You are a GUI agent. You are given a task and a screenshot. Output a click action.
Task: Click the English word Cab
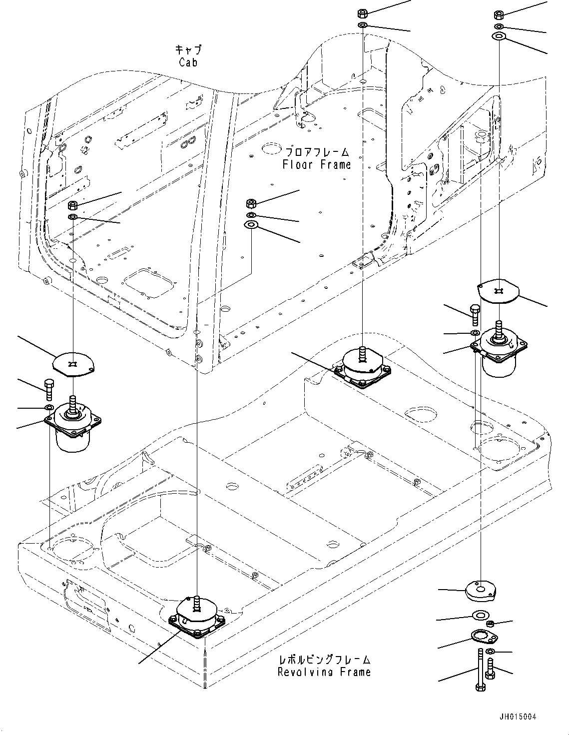pyautogui.click(x=188, y=62)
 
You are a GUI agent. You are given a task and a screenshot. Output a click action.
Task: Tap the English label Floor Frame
pyautogui.click(x=316, y=164)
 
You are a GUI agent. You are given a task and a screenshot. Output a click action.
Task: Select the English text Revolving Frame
pyautogui.click(x=324, y=672)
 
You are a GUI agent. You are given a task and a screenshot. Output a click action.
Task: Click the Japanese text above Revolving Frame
pyautogui.click(x=324, y=660)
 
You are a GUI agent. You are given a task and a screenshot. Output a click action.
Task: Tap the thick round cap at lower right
pyautogui.click(x=480, y=592)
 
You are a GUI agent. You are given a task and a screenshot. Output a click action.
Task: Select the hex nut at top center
pyautogui.click(x=363, y=13)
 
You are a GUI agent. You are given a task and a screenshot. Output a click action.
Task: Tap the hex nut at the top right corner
pyautogui.click(x=499, y=14)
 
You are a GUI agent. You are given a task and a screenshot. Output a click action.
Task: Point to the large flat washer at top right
pyautogui.click(x=499, y=36)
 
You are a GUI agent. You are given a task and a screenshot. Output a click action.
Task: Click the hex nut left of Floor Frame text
pyautogui.click(x=251, y=203)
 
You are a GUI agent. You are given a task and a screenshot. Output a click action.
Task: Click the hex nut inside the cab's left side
pyautogui.click(x=72, y=205)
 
